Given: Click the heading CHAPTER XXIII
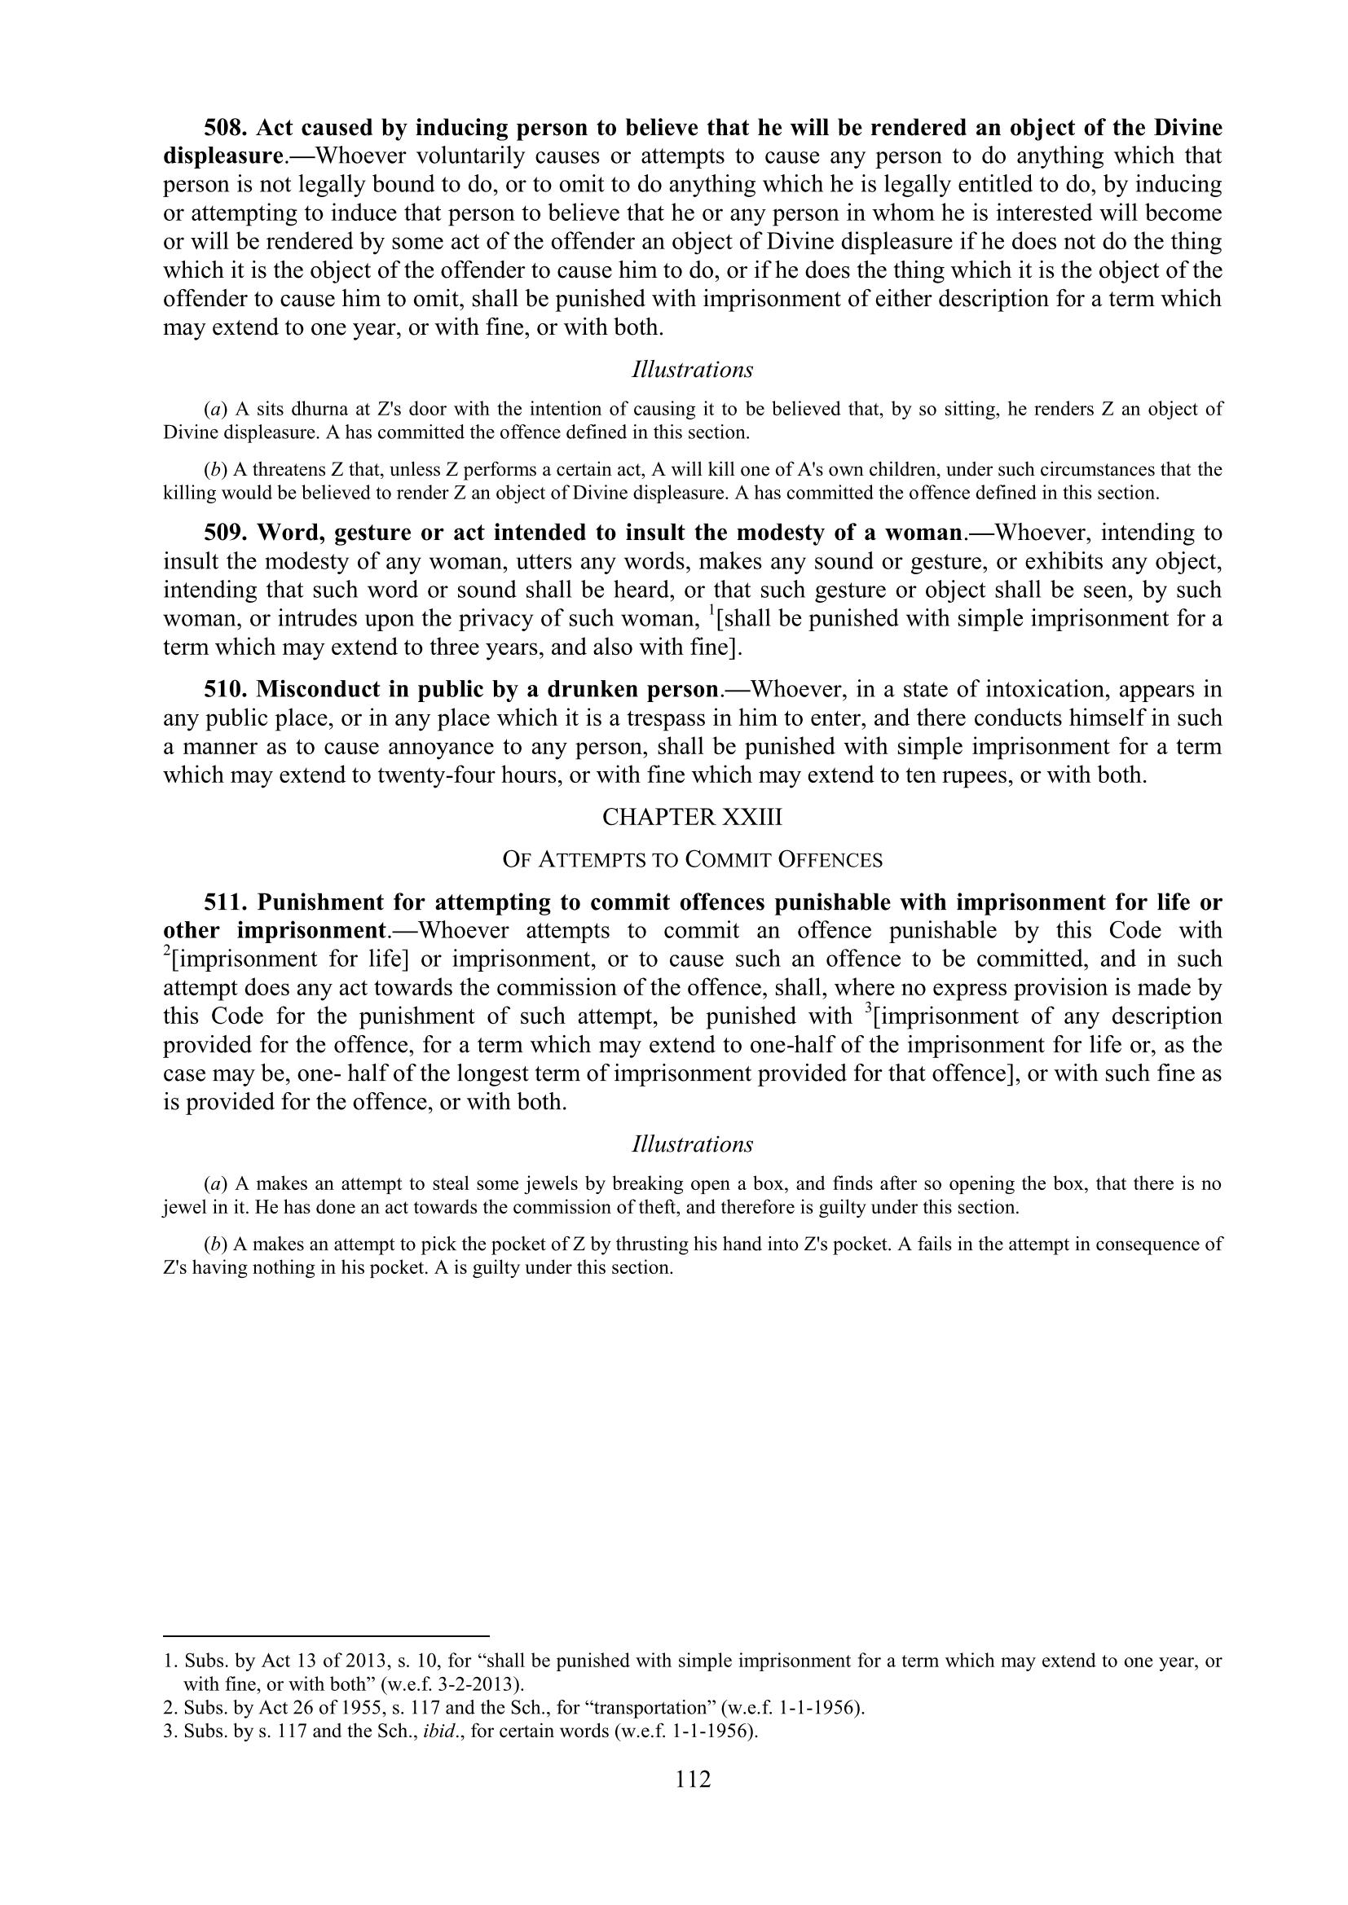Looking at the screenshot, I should tap(692, 817).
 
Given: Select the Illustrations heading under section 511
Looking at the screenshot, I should tap(692, 1144).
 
